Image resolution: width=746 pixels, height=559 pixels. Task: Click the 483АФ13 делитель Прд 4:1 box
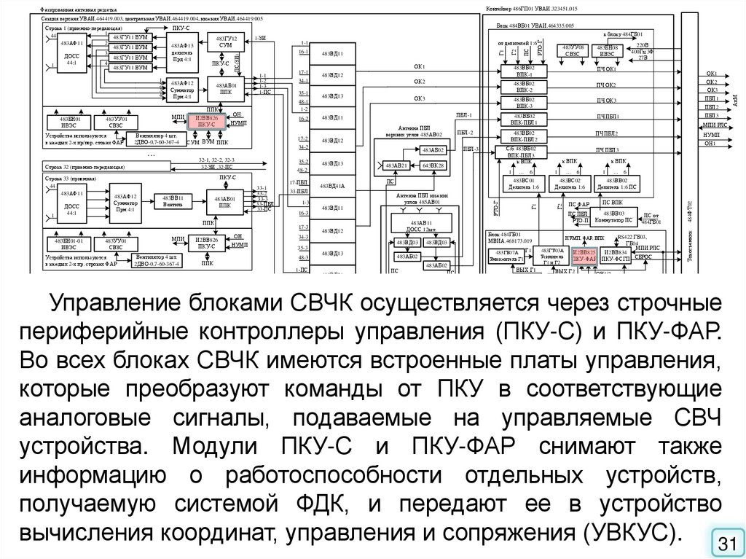[x=181, y=52]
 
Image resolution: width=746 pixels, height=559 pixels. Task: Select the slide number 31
[x=726, y=543]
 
